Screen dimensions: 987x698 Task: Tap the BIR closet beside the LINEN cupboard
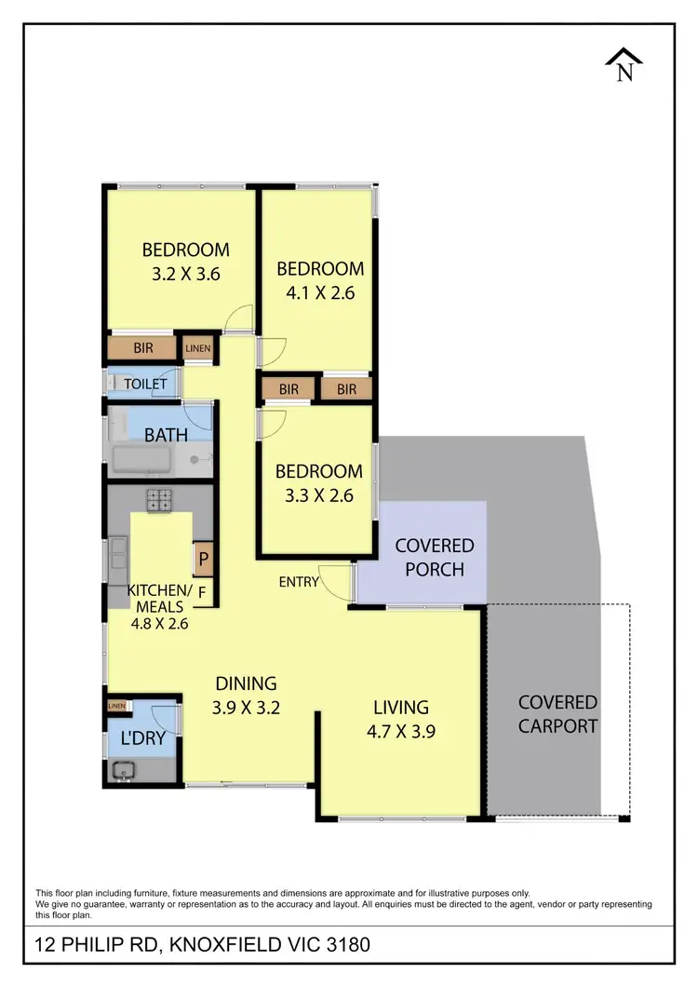click(142, 348)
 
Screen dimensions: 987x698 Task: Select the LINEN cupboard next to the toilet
click(198, 349)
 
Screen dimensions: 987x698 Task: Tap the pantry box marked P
click(203, 561)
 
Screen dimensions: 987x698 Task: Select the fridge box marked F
click(203, 589)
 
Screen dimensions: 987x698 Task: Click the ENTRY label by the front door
click(299, 582)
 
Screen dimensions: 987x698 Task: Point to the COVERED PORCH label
click(435, 557)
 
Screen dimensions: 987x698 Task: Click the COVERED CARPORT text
click(557, 713)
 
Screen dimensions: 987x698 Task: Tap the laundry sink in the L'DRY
click(123, 769)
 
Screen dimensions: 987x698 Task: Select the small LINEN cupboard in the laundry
click(116, 707)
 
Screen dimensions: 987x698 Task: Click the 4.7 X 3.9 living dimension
click(400, 731)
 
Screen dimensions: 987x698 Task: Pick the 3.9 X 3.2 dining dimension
click(247, 707)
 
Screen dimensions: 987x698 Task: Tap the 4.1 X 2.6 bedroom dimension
click(320, 292)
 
